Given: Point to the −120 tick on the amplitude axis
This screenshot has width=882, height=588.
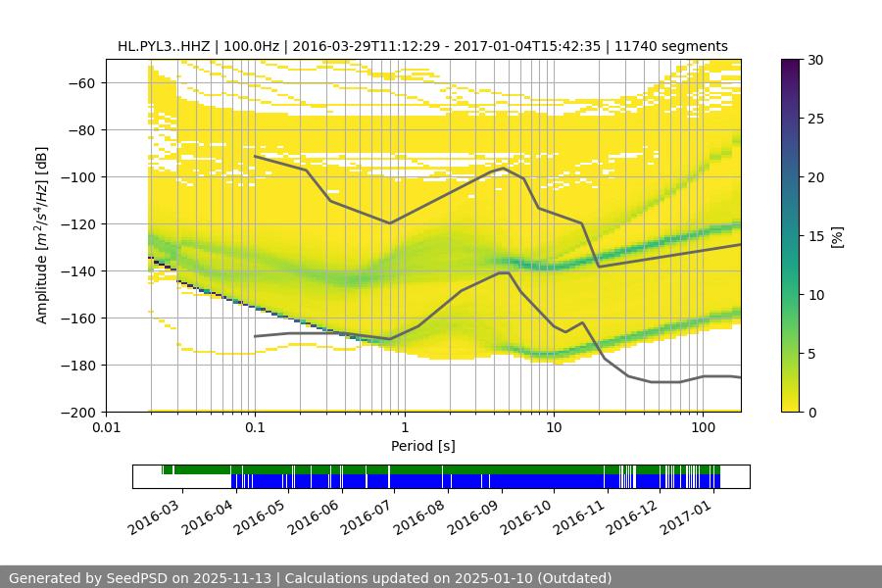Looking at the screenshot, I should click(81, 223).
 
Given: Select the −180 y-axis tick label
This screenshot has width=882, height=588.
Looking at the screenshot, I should click(81, 365).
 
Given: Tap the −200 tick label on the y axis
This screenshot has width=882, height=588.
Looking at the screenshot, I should click(81, 412).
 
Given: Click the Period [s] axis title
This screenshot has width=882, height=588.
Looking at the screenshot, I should click(423, 446).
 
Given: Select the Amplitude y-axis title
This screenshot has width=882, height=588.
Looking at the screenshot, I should click(41, 235).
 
